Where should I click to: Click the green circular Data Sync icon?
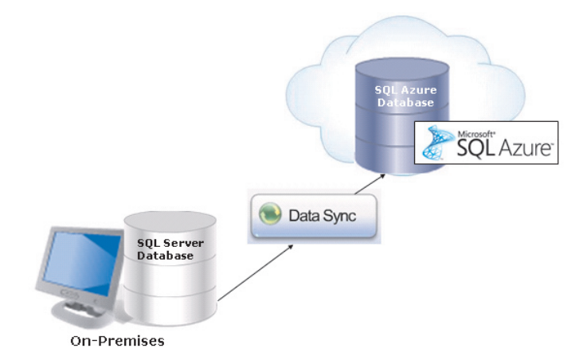[270, 215]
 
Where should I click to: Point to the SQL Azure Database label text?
[404, 96]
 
